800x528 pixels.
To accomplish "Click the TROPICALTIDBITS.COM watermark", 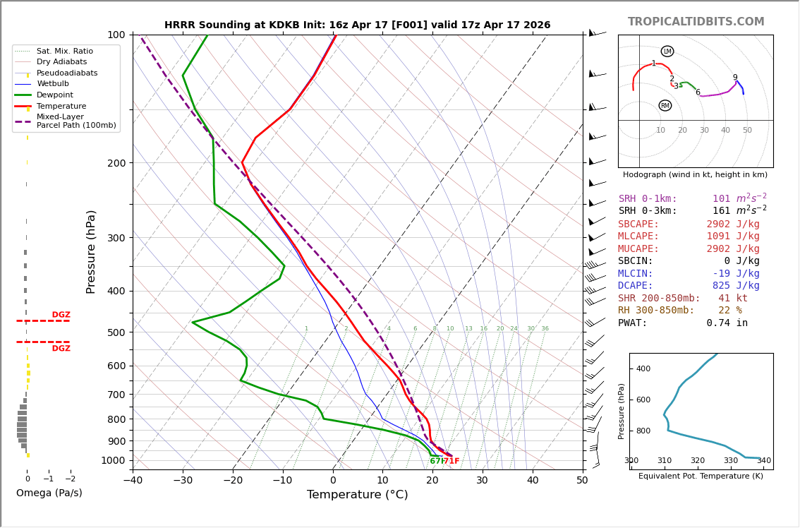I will tap(696, 22).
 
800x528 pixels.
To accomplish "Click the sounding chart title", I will tap(357, 25).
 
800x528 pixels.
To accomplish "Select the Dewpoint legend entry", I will tap(54, 95).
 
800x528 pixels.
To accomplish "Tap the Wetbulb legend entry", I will tap(53, 84).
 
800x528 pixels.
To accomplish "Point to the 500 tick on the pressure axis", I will tap(116, 332).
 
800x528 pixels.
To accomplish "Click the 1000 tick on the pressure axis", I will tap(114, 460).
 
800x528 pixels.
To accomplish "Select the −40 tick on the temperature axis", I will tap(133, 481).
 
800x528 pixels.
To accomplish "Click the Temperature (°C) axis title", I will tap(357, 495).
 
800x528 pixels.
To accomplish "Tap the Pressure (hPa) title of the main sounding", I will tap(91, 251).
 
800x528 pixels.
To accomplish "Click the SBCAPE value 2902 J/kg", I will tap(733, 224).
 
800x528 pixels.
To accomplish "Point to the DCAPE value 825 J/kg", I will tap(736, 286).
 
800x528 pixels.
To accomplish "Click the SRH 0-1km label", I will tap(648, 199).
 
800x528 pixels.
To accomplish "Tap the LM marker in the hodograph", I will tap(667, 52).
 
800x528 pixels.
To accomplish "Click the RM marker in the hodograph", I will tap(665, 106).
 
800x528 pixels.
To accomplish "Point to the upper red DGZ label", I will tap(61, 315).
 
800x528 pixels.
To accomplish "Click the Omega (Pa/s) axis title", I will tap(49, 493).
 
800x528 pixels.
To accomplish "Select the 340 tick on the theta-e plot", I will tap(764, 461).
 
